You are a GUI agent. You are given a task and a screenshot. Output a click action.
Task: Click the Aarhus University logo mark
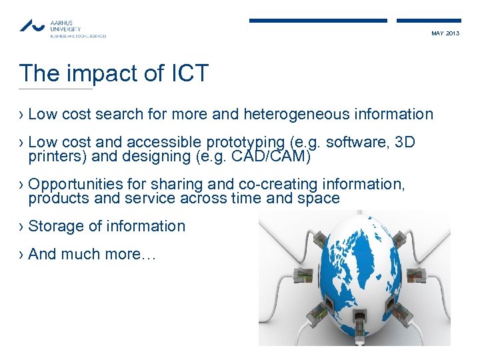pos(32,25)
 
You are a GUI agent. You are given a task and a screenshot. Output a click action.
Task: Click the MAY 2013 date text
pos(445,33)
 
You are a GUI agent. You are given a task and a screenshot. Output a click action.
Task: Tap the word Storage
pos(56,227)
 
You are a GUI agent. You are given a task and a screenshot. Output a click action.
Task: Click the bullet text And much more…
pos(92,255)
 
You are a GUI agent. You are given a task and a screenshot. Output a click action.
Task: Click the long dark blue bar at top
pos(318,21)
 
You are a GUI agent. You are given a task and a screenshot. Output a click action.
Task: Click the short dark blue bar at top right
pos(429,21)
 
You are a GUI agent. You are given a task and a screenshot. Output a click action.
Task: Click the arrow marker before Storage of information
pos(22,227)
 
